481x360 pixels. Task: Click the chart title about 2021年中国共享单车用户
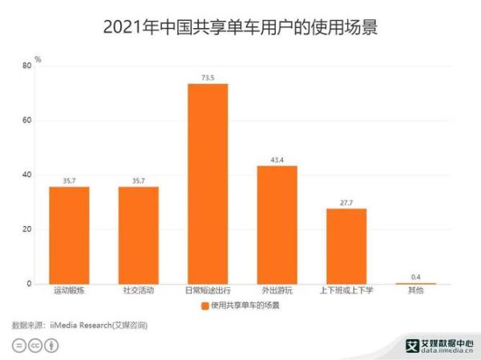coord(240,26)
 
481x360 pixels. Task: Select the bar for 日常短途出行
coord(208,184)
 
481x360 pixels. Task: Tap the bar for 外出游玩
coord(277,224)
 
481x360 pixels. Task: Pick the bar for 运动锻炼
coord(69,235)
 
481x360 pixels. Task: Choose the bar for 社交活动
coord(139,235)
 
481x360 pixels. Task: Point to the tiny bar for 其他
coord(415,283)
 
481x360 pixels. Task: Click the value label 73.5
coord(208,78)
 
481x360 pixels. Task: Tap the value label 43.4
coord(277,160)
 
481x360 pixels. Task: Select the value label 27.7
coord(346,202)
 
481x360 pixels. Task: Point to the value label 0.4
coord(415,277)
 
